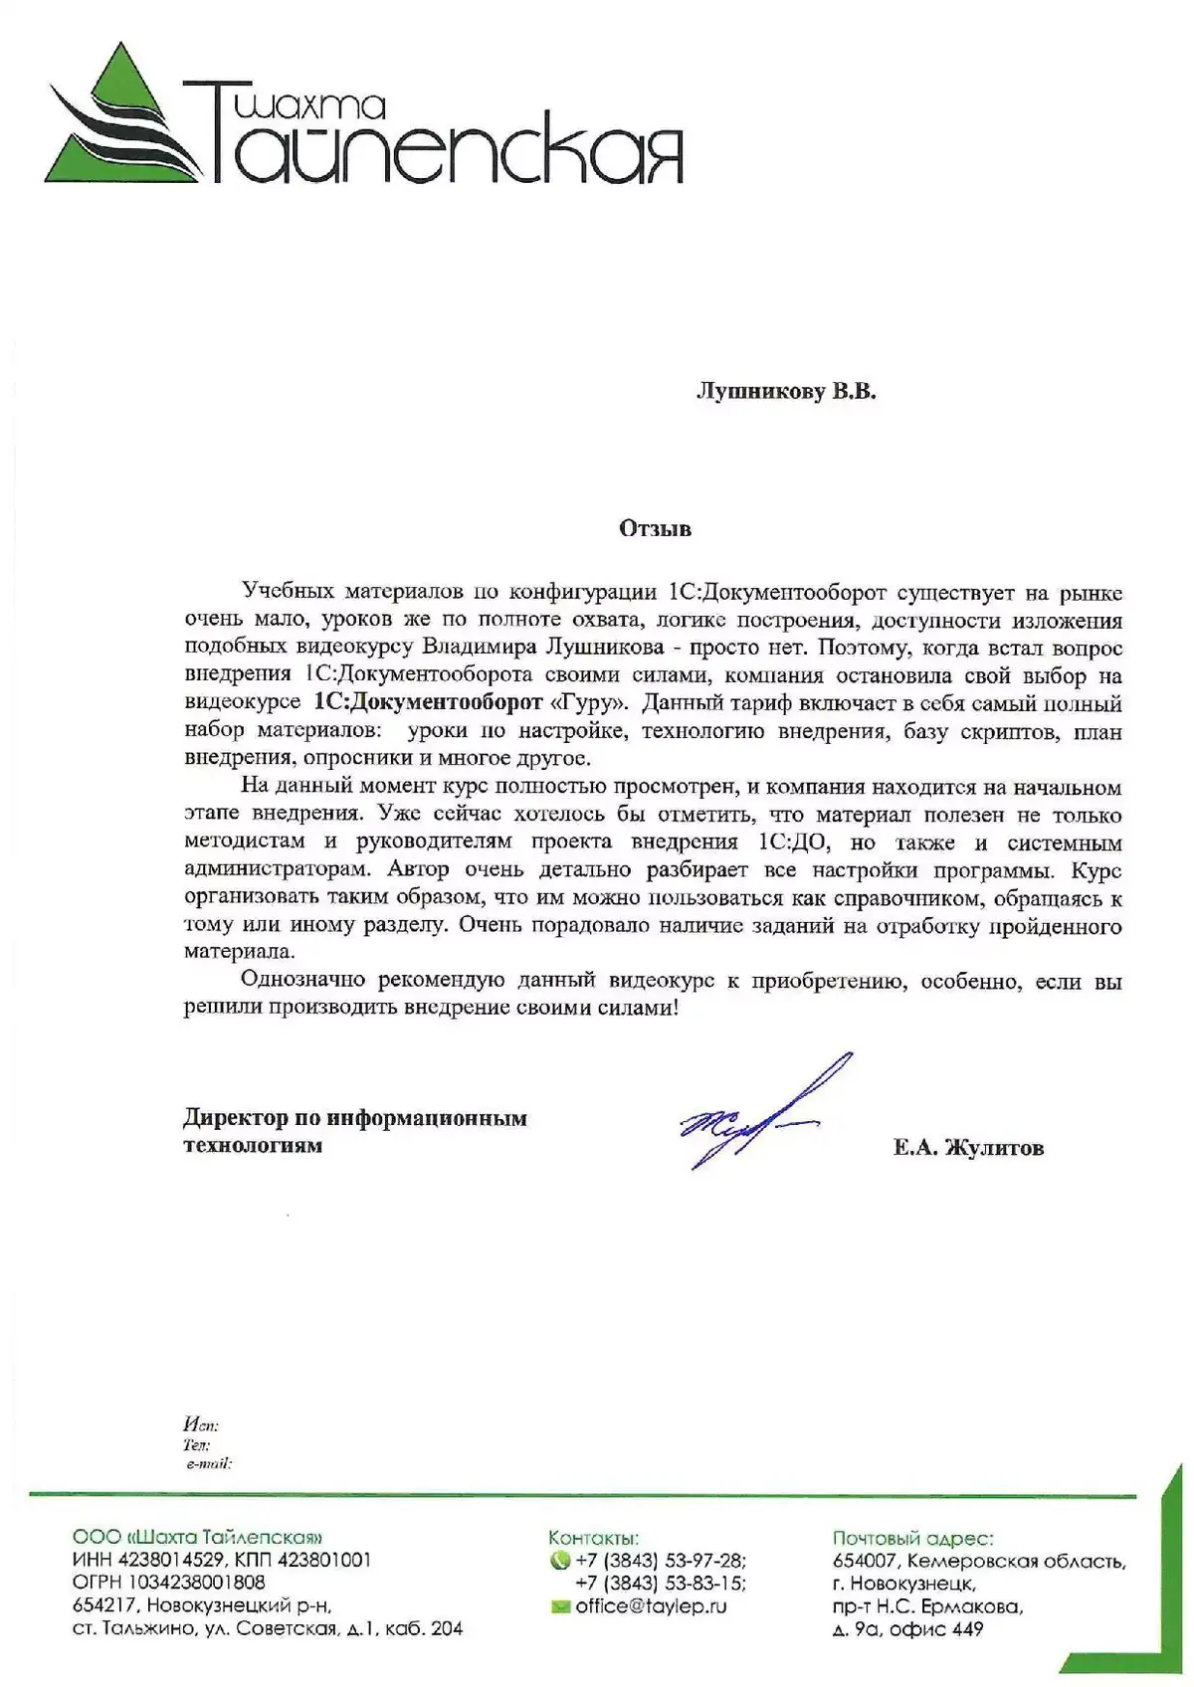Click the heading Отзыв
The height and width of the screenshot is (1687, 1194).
(655, 528)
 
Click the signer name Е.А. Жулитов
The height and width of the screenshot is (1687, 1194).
(968, 1149)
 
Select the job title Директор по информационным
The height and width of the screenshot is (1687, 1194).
(354, 1118)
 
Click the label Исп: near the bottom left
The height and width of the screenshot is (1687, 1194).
(200, 1425)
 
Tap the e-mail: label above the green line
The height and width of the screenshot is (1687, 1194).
(208, 1464)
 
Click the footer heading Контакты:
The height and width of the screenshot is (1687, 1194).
(593, 1538)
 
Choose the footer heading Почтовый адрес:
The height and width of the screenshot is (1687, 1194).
(912, 1538)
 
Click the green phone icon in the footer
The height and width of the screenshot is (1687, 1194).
(559, 1561)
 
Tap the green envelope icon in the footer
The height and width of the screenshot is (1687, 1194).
(559, 1606)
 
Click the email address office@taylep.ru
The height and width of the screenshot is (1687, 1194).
(651, 1606)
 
